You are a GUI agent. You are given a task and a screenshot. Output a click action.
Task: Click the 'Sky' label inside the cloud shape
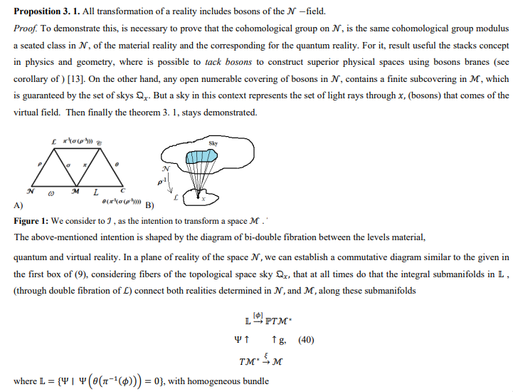(213, 143)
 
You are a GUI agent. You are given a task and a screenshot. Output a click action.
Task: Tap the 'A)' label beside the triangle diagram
(18, 205)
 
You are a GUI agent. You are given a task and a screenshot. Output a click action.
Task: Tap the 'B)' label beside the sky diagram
(149, 205)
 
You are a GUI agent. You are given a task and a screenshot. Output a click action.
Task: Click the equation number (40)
(306, 340)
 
